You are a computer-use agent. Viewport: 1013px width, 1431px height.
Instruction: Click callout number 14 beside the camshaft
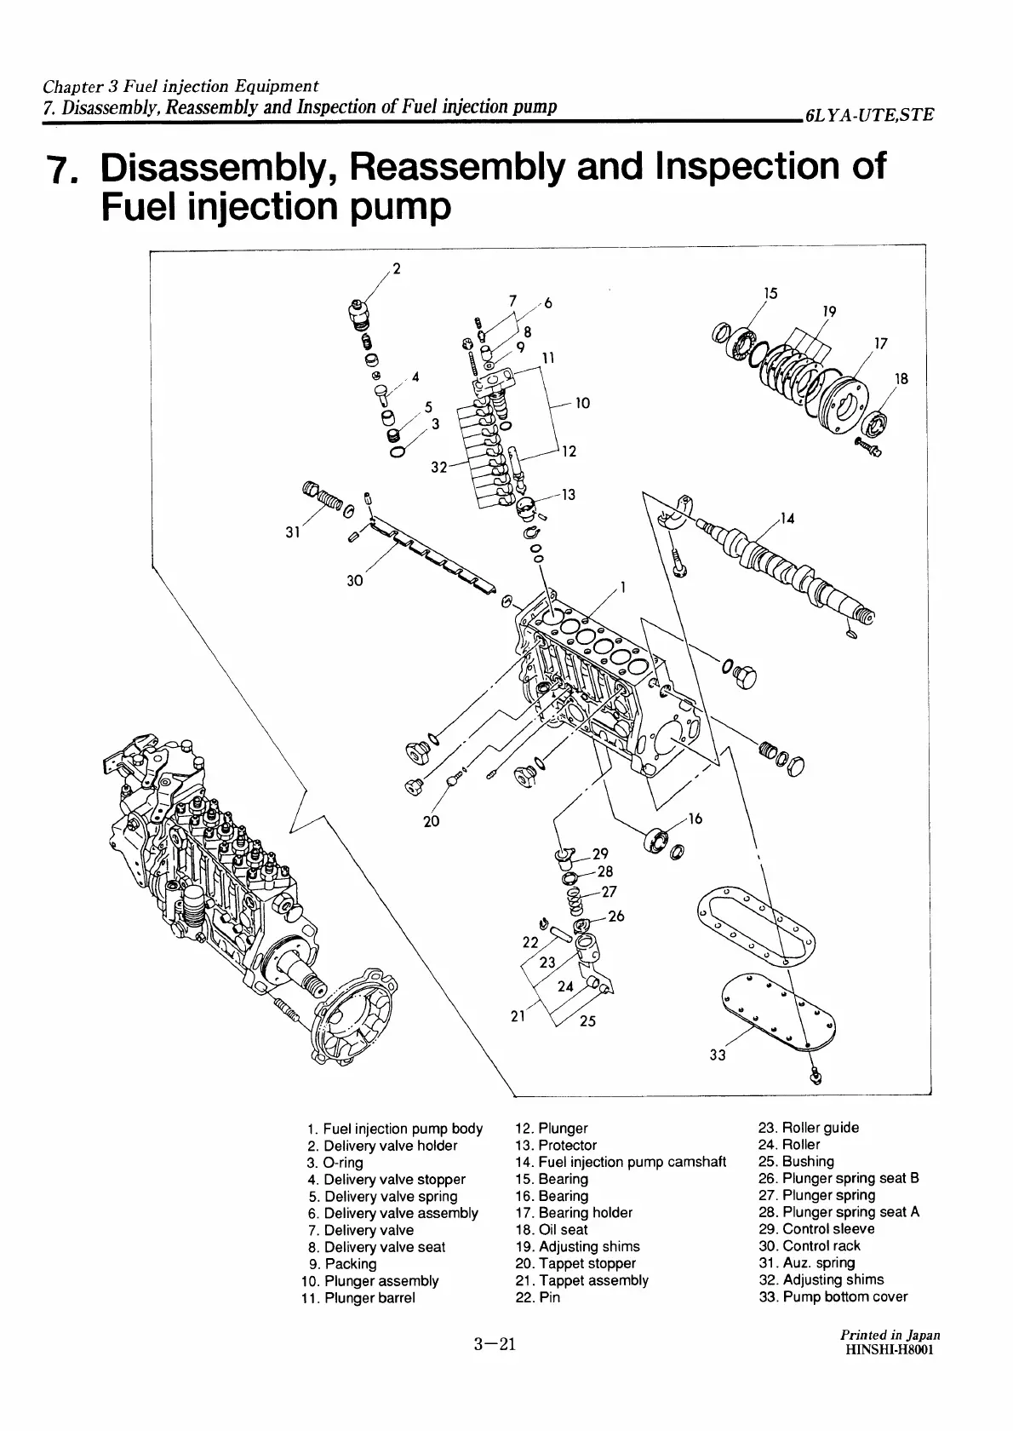tap(787, 518)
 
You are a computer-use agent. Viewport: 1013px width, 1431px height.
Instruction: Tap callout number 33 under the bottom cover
tap(717, 1055)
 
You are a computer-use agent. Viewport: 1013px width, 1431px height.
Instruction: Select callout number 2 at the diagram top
tap(397, 271)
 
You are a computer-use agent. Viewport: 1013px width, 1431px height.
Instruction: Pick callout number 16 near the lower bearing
tap(695, 819)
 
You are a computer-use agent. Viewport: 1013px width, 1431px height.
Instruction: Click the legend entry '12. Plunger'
tap(552, 1129)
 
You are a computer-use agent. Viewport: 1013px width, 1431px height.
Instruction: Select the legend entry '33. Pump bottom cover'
tap(833, 1297)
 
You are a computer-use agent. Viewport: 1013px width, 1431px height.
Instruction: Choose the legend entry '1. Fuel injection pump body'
tap(395, 1129)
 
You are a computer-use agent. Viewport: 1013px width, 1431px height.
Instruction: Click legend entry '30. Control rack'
tap(809, 1246)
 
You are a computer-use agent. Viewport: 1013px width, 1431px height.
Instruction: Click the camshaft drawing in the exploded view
tap(783, 566)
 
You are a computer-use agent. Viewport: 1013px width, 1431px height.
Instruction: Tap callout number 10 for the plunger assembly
tap(582, 403)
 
